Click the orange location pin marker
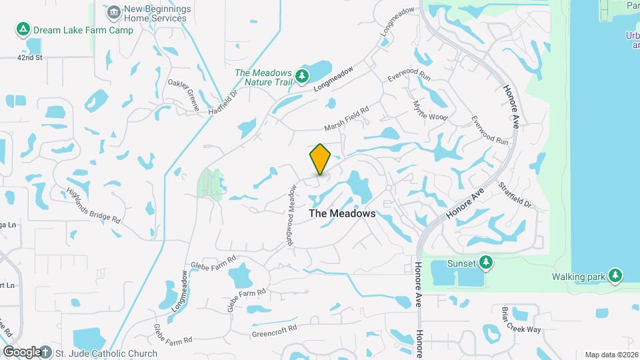pos(321,159)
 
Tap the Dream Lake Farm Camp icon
pos(23,30)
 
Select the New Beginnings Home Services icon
pos(113,12)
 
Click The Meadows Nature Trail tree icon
pos(302,77)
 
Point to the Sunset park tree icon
pos(486,263)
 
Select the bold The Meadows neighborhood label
pos(343,214)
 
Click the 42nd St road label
pos(30,58)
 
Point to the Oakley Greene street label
pos(183,93)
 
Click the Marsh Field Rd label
pos(346,119)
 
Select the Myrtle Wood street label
pos(429,111)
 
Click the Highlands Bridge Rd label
pos(93,205)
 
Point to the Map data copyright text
pos(611,355)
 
